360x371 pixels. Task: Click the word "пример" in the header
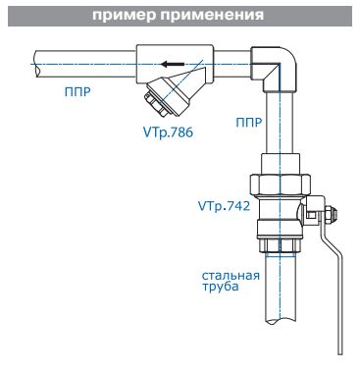coord(124,16)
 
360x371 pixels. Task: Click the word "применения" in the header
coord(212,15)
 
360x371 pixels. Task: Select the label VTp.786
coord(168,132)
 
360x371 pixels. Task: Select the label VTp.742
coord(224,206)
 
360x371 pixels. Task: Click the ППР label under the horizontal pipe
coord(77,92)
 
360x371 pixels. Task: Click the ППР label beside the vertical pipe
coord(249,123)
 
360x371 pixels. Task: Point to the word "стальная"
coord(231,276)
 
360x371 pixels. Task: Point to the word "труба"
coord(220,287)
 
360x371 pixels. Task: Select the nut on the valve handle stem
coord(333,216)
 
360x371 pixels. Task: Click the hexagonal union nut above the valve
coord(280,185)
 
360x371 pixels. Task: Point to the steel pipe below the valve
coord(280,288)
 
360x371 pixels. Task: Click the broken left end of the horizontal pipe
coord(36,64)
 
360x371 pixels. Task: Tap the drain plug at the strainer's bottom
coord(154,104)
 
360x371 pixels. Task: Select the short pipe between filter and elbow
coord(232,64)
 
